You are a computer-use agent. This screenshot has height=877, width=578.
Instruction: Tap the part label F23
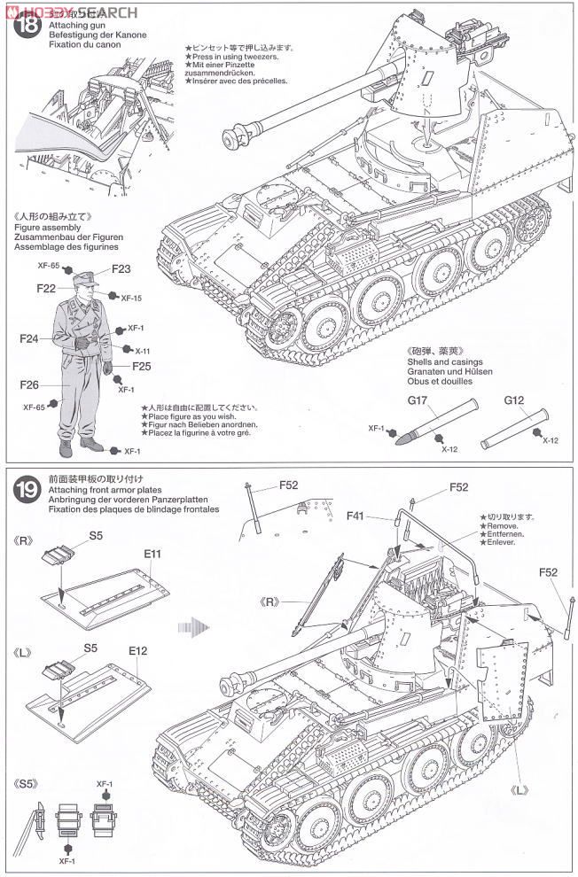click(x=121, y=269)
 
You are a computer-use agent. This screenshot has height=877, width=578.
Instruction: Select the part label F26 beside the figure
click(x=29, y=384)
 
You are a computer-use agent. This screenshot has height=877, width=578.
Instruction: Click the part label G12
click(x=515, y=400)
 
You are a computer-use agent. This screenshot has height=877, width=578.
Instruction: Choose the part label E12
click(x=137, y=649)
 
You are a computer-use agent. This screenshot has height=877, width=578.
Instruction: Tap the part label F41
click(x=358, y=514)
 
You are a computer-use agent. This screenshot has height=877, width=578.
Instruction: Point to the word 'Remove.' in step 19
click(x=500, y=525)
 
